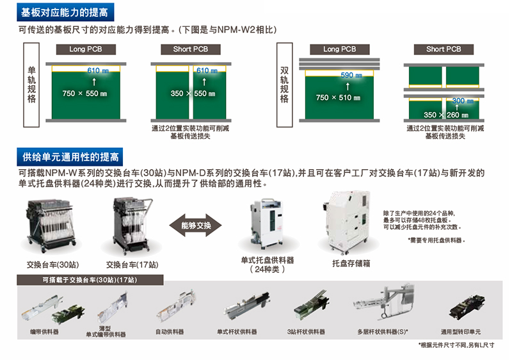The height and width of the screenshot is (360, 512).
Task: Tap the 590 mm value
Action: (348, 76)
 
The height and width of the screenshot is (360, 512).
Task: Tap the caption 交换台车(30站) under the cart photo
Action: (47, 265)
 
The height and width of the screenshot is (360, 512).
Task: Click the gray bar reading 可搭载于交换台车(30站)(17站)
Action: (90, 280)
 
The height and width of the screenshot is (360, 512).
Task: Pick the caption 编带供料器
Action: (44, 332)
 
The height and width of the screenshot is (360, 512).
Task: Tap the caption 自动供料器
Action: (170, 332)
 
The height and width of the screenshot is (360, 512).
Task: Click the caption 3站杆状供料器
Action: (305, 332)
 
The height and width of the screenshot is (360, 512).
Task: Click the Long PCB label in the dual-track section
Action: (340, 49)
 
